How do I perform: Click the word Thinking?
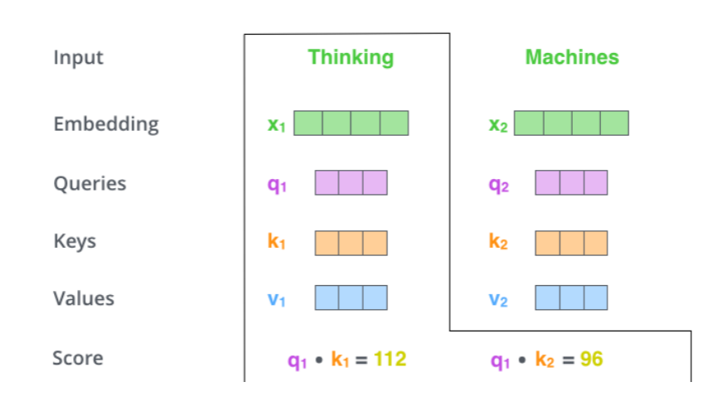pos(351,57)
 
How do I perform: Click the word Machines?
pos(572,57)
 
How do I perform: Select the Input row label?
pos(79,58)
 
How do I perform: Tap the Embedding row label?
pos(106,124)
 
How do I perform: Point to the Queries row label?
pos(90,183)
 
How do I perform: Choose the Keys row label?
pos(75,241)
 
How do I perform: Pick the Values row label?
pos(84,298)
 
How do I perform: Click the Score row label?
pos(78,359)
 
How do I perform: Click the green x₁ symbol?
pos(276,125)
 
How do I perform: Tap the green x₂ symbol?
pos(497,125)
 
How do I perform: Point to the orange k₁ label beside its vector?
pos(277,243)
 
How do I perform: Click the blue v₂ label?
pos(498,300)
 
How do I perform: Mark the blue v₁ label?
pos(277,300)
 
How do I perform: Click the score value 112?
pos(390,359)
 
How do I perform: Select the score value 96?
pos(591,359)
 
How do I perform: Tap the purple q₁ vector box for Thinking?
pos(351,182)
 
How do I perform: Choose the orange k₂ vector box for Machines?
pos(571,243)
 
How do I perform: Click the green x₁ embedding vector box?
pos(351,123)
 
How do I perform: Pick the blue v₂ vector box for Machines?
pos(571,297)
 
